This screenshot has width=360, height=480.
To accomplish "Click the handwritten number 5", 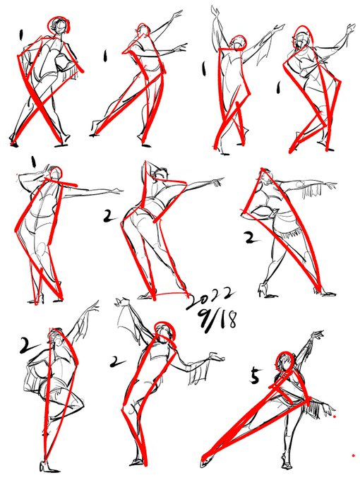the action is [255, 376].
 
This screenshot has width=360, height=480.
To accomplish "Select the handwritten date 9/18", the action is [217, 320].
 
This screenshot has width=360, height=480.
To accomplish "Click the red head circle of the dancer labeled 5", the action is [285, 361].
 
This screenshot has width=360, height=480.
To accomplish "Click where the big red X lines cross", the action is [40, 103].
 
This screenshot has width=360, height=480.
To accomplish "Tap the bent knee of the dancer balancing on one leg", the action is [80, 403].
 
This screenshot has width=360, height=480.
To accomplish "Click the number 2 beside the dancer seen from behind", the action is [109, 216].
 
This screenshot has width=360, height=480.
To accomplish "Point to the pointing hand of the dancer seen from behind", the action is [218, 181].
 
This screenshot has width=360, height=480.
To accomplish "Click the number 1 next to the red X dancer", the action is [20, 35].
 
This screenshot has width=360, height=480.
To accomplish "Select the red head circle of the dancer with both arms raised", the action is [238, 43].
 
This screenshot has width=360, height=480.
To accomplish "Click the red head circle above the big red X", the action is [59, 25].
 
